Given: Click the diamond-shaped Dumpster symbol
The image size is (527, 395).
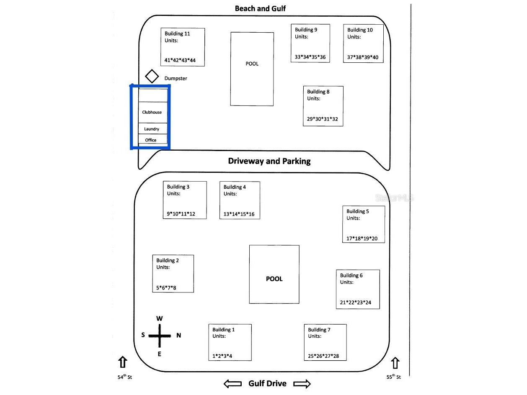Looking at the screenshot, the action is coord(152,76).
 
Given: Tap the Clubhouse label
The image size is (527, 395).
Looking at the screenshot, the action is coord(152,112).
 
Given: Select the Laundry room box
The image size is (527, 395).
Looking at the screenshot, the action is coord(153,128).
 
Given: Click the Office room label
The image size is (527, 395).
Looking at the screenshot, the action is coord(150,140).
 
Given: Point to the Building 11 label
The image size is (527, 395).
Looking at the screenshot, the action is coord(177,33).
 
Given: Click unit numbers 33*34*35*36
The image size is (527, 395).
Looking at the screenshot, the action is coord(310,57).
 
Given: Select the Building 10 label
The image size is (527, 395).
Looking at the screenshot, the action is coord(360,30).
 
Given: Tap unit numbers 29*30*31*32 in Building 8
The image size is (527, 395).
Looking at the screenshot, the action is coord(322,119).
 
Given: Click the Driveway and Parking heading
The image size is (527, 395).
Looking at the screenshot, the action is coord(269,161).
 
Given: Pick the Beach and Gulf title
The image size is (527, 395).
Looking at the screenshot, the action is coord(260,8).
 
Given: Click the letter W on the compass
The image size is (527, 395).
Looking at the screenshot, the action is coord(160,318).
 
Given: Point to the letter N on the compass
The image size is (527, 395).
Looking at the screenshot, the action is coord(178,335).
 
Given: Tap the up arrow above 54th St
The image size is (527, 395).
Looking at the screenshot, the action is coord(122,362).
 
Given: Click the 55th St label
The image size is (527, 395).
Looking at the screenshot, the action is coord(393,377).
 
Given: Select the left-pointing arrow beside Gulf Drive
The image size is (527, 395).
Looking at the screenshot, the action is coord(232,383).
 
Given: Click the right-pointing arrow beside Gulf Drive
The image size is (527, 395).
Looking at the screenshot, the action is coord(302,384).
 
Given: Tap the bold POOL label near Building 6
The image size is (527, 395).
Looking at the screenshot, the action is coord(274,279).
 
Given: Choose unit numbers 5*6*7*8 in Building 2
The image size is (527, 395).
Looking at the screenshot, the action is coord(166,287).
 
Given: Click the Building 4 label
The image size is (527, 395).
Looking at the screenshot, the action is coord(235,187).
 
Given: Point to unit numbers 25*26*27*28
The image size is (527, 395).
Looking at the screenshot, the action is coord(323,356).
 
